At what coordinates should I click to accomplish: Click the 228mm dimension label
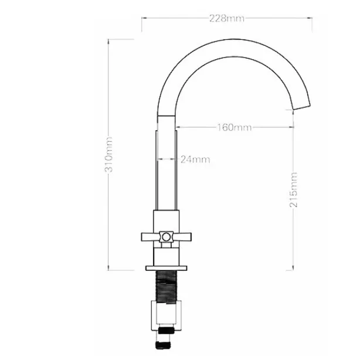pos(227,18)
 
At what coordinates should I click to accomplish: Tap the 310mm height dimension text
pos(108,155)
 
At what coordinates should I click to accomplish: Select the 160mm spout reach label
pos(235,127)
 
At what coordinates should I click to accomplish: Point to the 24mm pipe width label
pos(195,159)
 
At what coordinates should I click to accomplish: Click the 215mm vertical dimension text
pos(293,189)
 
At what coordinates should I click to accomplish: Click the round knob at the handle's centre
pos(167,237)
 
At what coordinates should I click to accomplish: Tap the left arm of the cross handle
pos(151,237)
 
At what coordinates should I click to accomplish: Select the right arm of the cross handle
pos(182,237)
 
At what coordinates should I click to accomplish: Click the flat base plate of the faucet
pos(167,268)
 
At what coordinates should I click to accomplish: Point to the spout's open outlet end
pos(302,107)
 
